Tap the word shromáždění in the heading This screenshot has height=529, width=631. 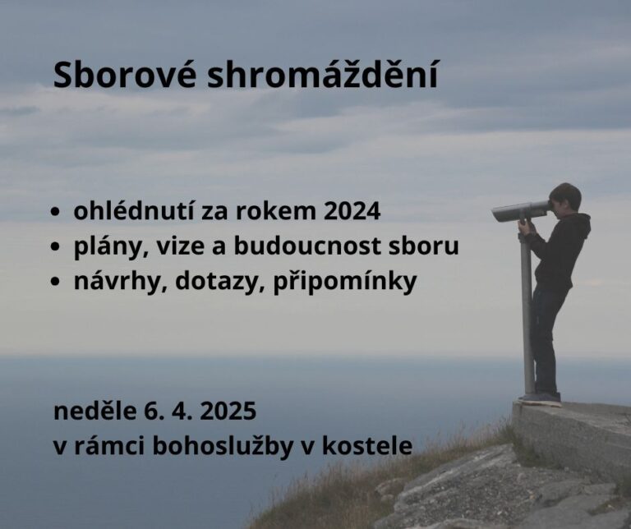click(x=322, y=76)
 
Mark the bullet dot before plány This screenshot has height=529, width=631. click(x=55, y=247)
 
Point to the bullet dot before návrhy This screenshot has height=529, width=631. click(x=55, y=283)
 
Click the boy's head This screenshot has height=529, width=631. click(x=565, y=198)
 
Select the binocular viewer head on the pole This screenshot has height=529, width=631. click(x=520, y=211)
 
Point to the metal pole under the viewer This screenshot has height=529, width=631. click(x=527, y=312)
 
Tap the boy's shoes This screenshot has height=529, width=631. click(x=541, y=398)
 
